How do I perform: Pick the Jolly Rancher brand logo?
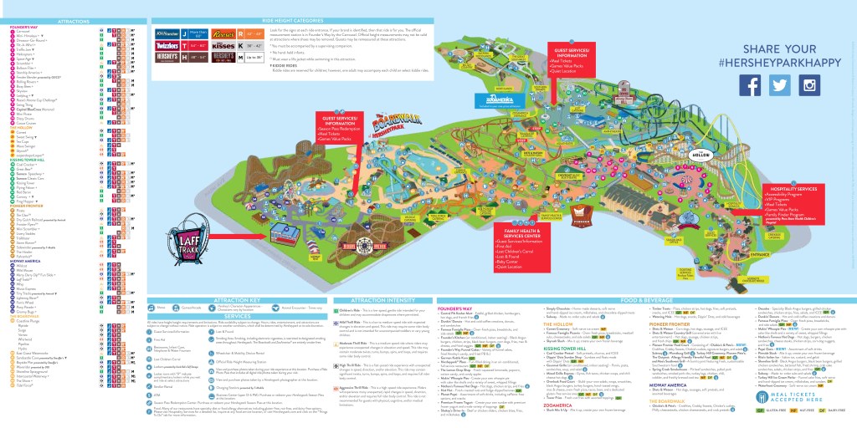(167, 35)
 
